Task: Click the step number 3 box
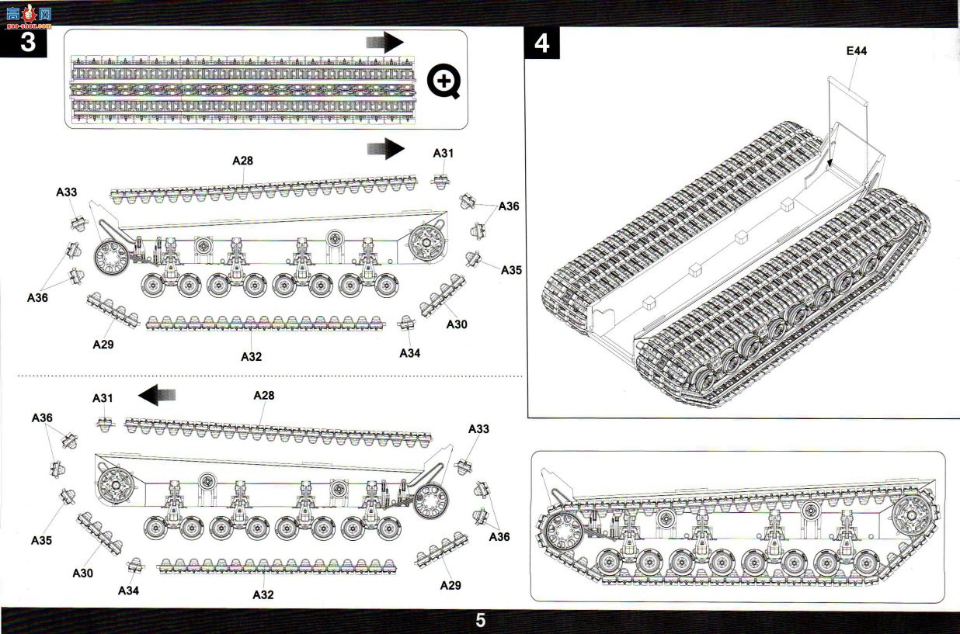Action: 23,43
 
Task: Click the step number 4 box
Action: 541,43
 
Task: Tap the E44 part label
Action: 856,51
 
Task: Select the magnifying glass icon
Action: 443,81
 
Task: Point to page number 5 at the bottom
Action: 481,620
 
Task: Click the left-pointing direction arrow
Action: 157,395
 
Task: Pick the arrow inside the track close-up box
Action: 385,42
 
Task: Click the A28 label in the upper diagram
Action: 242,161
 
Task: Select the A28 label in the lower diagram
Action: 264,395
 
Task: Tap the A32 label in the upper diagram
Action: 251,357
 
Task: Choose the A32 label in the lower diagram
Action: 263,594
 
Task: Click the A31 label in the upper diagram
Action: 443,153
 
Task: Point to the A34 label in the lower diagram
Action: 129,591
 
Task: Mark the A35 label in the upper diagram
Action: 512,270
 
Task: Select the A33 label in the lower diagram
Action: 478,428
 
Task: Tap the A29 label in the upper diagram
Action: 103,345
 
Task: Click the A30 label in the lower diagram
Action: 82,573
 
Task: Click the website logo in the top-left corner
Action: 29,16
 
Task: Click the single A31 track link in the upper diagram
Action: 440,181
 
